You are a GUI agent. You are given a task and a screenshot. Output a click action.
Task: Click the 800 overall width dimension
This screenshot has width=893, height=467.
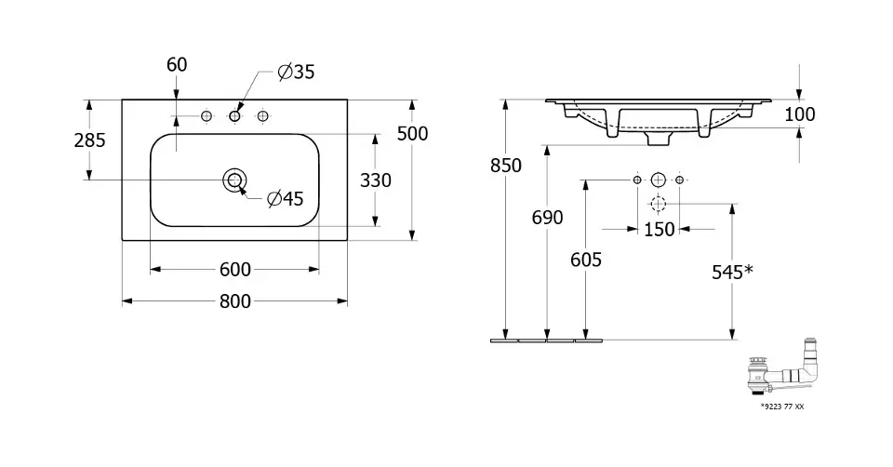[235, 300]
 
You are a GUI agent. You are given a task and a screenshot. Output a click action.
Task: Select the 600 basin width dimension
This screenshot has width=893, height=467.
[235, 269]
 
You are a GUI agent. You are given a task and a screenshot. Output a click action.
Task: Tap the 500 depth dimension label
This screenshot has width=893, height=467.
[412, 133]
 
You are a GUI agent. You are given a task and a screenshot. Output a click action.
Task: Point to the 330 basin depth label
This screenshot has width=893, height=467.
[375, 180]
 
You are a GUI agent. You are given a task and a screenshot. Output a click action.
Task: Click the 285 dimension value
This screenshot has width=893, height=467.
[89, 140]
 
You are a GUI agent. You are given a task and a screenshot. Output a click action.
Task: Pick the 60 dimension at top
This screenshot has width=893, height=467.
[177, 64]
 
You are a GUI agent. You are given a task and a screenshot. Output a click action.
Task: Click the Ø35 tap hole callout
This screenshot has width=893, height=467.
[296, 72]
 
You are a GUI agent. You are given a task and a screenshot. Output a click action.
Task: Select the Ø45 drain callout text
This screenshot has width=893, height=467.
[286, 198]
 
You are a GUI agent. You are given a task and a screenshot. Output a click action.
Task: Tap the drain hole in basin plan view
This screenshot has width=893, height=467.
[234, 180]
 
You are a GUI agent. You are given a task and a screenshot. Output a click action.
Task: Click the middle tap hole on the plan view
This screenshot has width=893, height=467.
[234, 116]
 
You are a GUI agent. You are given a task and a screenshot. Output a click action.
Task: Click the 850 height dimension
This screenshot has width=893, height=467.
[506, 166]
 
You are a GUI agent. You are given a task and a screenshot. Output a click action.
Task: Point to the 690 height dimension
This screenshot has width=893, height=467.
[547, 217]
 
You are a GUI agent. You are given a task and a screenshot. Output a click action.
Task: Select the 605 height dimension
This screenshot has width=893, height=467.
[586, 260]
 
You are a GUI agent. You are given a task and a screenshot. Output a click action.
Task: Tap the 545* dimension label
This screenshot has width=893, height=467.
[732, 272]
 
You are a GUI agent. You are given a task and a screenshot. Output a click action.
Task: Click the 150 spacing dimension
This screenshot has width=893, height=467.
[659, 229]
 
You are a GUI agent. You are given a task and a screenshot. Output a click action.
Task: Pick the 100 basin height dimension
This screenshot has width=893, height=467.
[800, 113]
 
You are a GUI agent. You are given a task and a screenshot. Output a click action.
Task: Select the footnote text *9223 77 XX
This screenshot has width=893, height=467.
[782, 406]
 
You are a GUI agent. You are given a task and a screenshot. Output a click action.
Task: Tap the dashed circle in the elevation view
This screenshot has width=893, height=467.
[658, 204]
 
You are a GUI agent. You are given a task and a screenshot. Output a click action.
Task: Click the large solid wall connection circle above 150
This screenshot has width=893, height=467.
[658, 180]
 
